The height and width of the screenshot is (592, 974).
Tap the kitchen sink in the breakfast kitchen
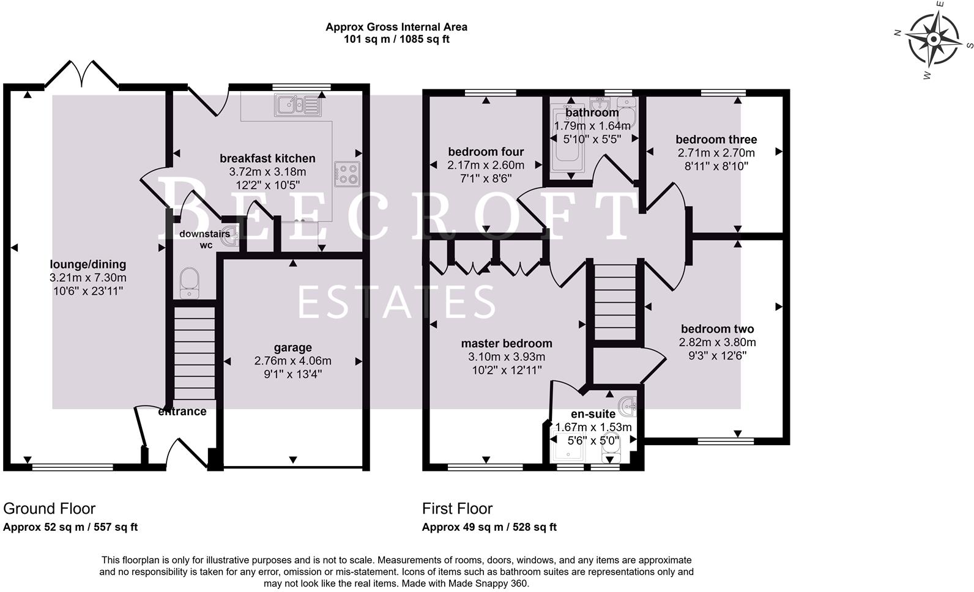298,105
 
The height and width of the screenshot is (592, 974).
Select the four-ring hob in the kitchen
347,174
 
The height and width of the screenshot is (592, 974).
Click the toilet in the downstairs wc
189,283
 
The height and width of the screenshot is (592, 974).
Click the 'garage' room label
292,347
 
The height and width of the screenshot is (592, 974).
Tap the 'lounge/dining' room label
88,264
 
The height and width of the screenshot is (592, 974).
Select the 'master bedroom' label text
507,343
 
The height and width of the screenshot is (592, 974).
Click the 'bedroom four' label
486,152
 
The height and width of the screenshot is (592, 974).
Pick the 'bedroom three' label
716,139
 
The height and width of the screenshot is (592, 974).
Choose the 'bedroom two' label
718,329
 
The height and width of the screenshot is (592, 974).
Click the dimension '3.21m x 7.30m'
88,278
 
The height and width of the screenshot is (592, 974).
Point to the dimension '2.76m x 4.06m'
292,361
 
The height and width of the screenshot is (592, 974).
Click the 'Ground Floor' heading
49,509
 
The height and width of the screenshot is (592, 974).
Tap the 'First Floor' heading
457,509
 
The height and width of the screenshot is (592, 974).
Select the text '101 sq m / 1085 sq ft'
396,39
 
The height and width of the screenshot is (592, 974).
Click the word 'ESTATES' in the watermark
396,302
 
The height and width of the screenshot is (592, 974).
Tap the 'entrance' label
182,411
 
